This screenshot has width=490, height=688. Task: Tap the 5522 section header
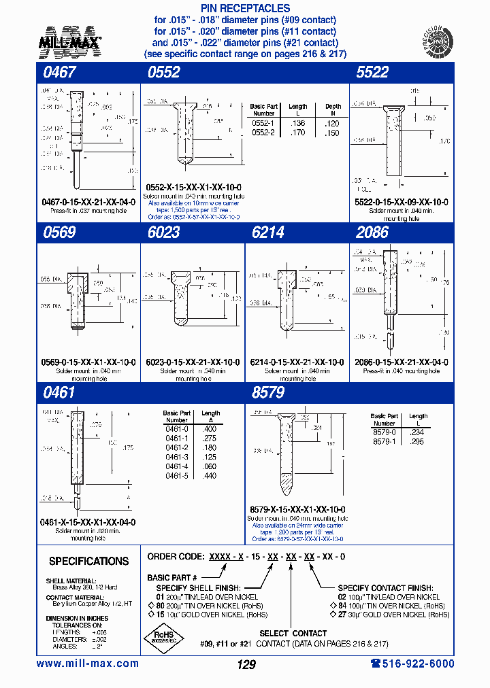tap(372, 73)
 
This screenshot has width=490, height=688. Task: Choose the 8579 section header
tap(267, 392)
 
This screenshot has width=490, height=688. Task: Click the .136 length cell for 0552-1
tap(297, 123)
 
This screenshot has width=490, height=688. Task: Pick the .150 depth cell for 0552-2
tap(333, 133)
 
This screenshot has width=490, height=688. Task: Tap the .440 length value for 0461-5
tap(210, 477)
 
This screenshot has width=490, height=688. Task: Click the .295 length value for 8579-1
tap(418, 441)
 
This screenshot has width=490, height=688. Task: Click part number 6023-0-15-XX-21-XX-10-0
tap(193, 362)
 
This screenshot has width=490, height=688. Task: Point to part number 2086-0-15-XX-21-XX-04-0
tap(402, 362)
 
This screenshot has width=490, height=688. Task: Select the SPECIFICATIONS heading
tap(88, 562)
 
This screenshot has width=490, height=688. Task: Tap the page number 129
tap(246, 664)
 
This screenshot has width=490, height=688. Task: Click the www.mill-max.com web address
tap(87, 664)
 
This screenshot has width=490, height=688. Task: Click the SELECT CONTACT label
tap(293, 634)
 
